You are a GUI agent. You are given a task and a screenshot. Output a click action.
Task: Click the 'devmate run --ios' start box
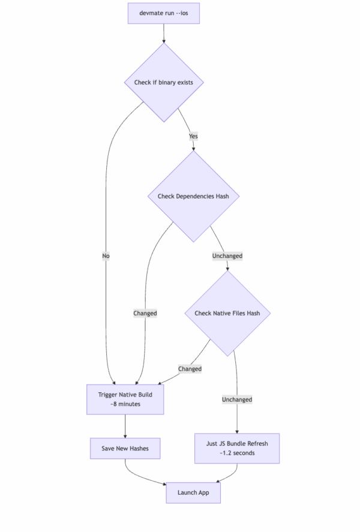coord(163,13)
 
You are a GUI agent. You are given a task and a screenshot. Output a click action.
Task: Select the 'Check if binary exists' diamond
coord(163,82)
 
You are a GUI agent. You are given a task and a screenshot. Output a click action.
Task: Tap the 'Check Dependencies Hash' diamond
coord(193,196)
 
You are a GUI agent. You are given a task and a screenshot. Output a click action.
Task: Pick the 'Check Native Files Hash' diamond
coord(227,313)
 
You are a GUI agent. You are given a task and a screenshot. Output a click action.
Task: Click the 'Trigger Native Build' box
coord(125,399)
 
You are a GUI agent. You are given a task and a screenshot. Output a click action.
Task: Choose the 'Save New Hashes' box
coord(125,448)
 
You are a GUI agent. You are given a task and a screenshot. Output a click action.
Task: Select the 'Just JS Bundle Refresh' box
coord(237,448)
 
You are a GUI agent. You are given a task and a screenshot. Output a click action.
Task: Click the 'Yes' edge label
coord(193,136)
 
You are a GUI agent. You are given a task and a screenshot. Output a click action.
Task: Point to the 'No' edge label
coord(106,256)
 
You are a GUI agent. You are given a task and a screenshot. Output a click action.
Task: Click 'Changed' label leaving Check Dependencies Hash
coord(145,313)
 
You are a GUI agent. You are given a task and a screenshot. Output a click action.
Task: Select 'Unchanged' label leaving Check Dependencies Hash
coord(227,256)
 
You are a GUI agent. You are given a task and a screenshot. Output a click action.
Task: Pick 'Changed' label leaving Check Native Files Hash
coord(190,369)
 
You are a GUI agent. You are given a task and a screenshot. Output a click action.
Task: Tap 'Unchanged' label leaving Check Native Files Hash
coord(237,399)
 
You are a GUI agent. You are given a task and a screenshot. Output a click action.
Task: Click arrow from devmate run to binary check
coord(163,33)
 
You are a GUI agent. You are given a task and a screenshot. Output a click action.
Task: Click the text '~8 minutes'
coord(125,405)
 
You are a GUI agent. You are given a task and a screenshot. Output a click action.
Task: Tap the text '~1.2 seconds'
coord(237,453)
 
